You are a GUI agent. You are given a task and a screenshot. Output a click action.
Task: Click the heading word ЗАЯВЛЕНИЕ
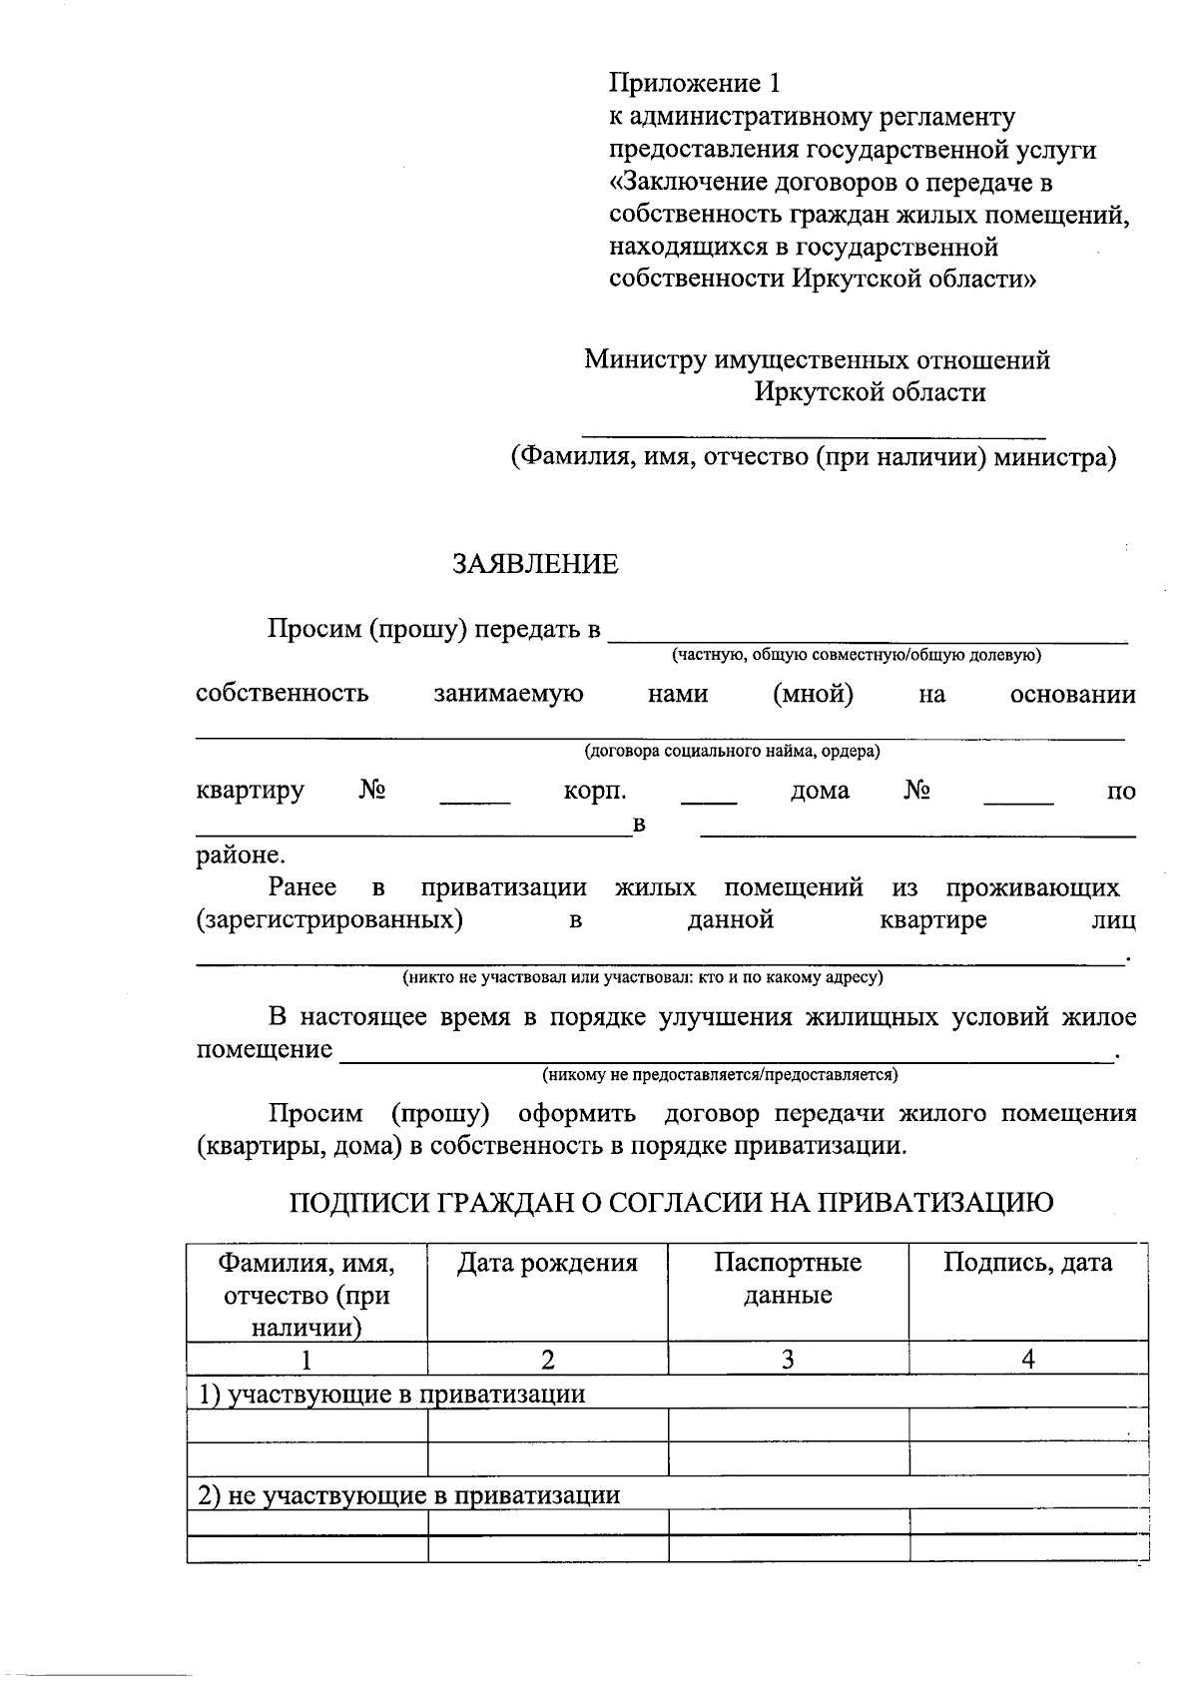coord(535,565)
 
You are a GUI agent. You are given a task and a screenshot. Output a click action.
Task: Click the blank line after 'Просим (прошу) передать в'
coord(868,637)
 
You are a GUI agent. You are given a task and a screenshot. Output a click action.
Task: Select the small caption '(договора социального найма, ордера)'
coord(732,751)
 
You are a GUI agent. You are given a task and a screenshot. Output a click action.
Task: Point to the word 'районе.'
coord(241,855)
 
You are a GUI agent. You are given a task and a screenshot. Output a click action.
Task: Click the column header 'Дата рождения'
coord(547,1263)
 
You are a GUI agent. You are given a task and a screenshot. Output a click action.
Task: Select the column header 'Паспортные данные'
coord(788,1279)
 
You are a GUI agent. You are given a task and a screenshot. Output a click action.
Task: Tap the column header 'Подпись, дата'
coord(1028,1263)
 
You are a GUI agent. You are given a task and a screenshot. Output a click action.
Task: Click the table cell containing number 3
coord(788,1359)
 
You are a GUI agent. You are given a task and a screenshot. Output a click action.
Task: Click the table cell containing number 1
coord(306,1359)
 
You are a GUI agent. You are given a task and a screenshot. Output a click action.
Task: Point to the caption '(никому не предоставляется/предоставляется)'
coord(720,1075)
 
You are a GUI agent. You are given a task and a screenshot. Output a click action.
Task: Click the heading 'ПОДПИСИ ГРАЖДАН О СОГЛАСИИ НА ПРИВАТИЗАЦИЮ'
coord(671,1203)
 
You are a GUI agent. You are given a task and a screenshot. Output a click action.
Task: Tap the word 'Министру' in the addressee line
coord(645,359)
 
